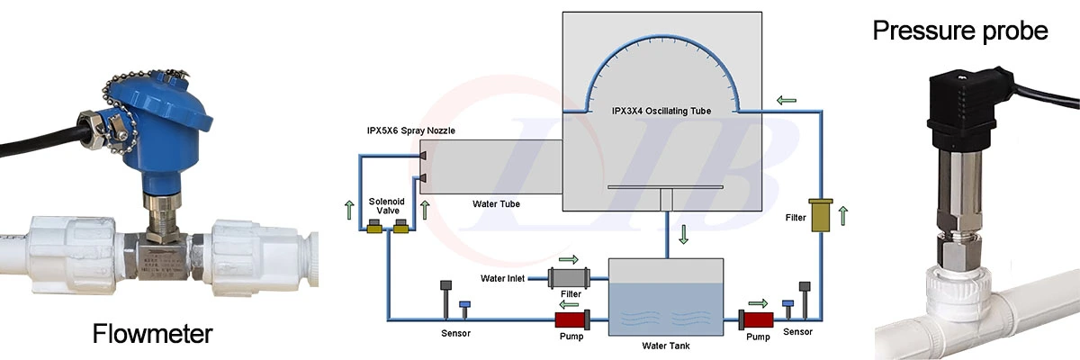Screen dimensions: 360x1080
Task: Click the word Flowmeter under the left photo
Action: [x=152, y=335]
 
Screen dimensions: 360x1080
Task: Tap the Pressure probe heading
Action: [x=960, y=31]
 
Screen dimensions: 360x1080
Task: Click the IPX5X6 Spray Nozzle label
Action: [x=410, y=130]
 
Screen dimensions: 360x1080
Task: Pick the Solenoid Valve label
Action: [x=387, y=205]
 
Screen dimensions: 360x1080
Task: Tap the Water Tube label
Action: [x=496, y=203]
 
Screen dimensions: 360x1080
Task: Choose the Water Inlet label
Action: [x=502, y=278]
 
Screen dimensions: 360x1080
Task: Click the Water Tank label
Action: [x=665, y=344]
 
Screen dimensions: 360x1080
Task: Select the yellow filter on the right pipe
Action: [x=820, y=216]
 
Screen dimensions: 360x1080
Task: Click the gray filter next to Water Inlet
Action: [x=567, y=278]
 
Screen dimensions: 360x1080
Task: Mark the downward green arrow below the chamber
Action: [x=684, y=235]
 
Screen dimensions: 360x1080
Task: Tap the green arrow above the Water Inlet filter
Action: [x=569, y=259]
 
